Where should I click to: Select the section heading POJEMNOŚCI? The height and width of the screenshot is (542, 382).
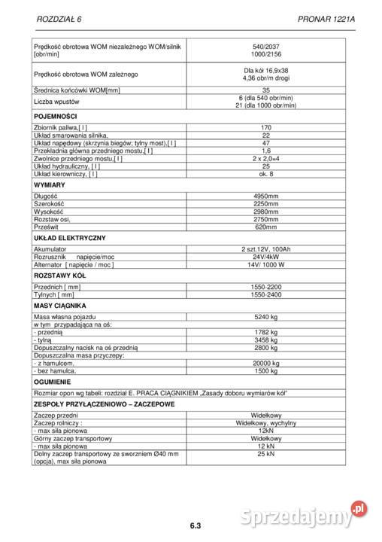coord(56,117)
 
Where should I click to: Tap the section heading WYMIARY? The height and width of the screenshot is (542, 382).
coord(50,184)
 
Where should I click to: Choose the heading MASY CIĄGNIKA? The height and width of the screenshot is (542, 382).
coord(60,306)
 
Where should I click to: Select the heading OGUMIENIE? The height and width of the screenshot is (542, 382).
coord(53,382)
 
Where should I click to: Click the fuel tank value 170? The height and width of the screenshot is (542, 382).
coord(265,128)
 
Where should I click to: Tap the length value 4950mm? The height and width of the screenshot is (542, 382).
coord(265,196)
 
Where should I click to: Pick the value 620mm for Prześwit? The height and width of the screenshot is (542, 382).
coord(265,227)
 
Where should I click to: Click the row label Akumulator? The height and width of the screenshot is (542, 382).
coord(50,248)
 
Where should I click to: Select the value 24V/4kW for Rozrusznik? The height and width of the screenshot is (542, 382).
coord(265,257)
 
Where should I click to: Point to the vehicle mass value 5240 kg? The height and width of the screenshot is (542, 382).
coord(265,317)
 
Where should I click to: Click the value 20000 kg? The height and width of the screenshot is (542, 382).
coord(265,364)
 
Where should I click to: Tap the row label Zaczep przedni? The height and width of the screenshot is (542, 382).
coord(56,415)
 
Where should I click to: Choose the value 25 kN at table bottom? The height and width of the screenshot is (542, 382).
coord(265,455)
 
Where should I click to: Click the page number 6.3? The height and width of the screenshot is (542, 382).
coord(191,525)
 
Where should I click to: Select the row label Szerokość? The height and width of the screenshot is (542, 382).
coord(49,203)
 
